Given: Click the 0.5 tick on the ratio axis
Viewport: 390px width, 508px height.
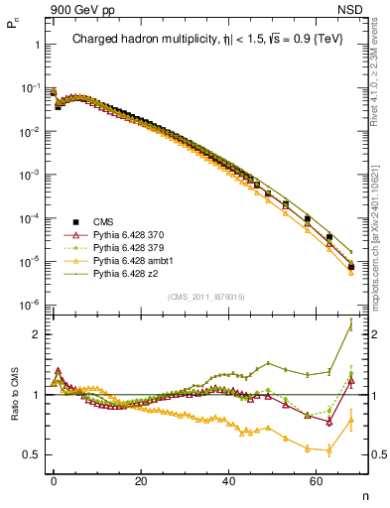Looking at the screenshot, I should pos(31,454).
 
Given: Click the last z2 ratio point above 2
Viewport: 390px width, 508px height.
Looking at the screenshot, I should pos(350,325).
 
